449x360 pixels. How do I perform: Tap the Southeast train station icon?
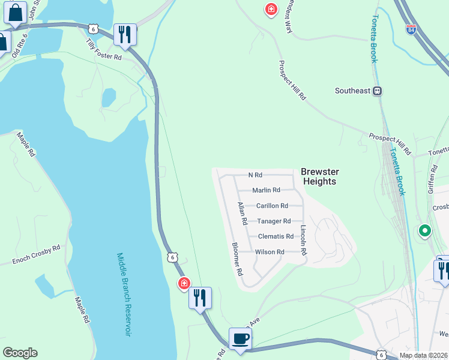click(x=378, y=91)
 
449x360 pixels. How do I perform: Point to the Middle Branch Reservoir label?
click(x=123, y=294)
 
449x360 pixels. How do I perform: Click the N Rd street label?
click(x=256, y=175)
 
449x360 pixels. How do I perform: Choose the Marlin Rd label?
click(x=266, y=190)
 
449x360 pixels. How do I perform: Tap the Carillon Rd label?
click(x=272, y=206)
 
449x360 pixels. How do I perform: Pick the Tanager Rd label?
click(x=274, y=221)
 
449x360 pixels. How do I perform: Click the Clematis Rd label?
click(x=276, y=236)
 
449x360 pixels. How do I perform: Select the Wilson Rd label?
click(x=270, y=252)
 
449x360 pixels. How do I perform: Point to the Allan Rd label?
click(x=243, y=214)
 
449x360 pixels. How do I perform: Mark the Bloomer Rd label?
click(x=236, y=259)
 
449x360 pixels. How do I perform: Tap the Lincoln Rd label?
click(x=304, y=241)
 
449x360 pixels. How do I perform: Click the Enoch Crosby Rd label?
click(x=37, y=255)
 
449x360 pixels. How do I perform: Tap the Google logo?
click(x=20, y=353)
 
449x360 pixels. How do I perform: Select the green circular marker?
click(x=425, y=230)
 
